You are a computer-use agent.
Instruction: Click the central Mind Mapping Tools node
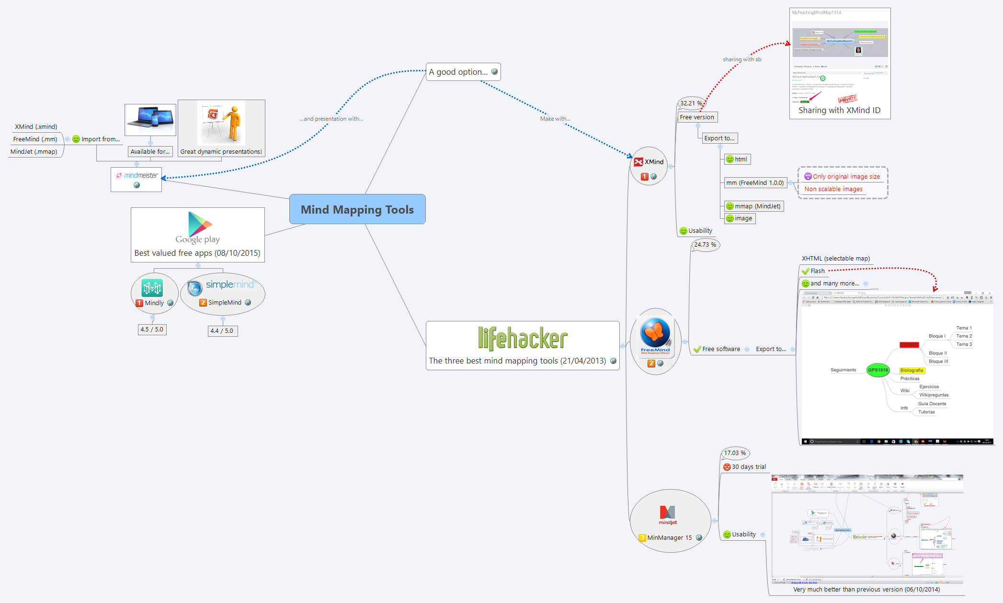tap(357, 209)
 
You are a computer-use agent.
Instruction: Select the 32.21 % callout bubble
tap(691, 103)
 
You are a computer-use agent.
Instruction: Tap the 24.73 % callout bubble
tap(705, 245)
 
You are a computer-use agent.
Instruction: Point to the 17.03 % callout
tap(735, 453)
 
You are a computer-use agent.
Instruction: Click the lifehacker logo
tap(523, 339)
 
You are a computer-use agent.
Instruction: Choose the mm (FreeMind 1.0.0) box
tap(755, 182)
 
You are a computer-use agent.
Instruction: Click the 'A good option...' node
tap(462, 72)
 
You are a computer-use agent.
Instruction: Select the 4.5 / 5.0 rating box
tap(152, 329)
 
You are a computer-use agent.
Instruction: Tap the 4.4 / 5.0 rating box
tap(222, 330)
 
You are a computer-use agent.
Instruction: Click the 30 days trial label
tap(749, 466)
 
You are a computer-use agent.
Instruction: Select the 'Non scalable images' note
tap(833, 189)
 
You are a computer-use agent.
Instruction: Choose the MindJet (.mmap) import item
tap(34, 151)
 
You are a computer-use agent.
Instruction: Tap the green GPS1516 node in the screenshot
tap(878, 370)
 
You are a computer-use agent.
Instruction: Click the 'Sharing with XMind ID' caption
tap(839, 110)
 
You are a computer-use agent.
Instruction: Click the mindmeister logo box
tap(137, 179)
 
